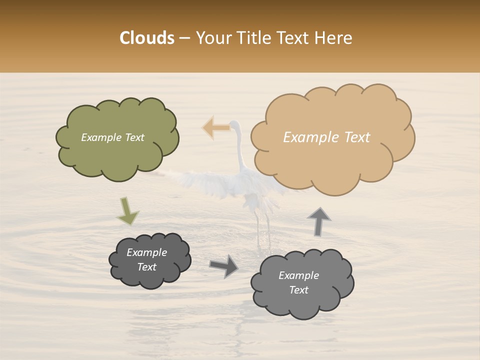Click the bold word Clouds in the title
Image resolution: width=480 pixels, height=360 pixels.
click(147, 38)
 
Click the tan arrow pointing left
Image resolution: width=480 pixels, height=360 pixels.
click(215, 127)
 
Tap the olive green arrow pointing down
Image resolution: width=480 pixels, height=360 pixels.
click(127, 211)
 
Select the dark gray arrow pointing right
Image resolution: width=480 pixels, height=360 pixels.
click(223, 265)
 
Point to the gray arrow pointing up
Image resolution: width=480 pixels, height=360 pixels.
click(318, 221)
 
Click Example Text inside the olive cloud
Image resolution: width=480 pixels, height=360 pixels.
click(112, 137)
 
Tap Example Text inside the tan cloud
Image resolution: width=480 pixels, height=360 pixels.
click(326, 137)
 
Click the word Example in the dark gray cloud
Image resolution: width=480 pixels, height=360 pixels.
click(146, 252)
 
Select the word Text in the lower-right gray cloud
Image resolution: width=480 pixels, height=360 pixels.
click(298, 290)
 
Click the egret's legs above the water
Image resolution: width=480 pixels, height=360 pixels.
click(262, 225)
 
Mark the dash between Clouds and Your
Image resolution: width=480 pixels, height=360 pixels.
click(184, 38)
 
